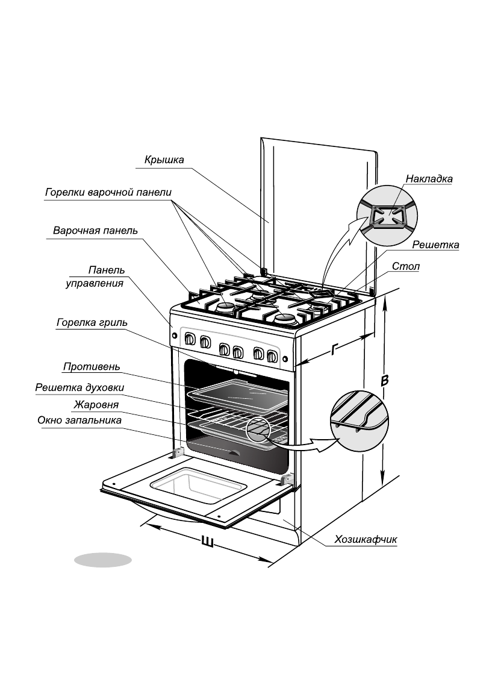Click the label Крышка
(x=164, y=160)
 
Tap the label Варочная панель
(x=95, y=231)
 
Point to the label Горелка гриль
(x=92, y=322)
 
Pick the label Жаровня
(x=96, y=404)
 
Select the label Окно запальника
(x=79, y=420)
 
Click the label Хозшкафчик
(x=366, y=539)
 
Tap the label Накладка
(x=429, y=179)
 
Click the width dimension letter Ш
(x=207, y=541)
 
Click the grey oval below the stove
(x=102, y=560)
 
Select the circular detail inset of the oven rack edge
(x=360, y=416)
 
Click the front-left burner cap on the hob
(x=226, y=308)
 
